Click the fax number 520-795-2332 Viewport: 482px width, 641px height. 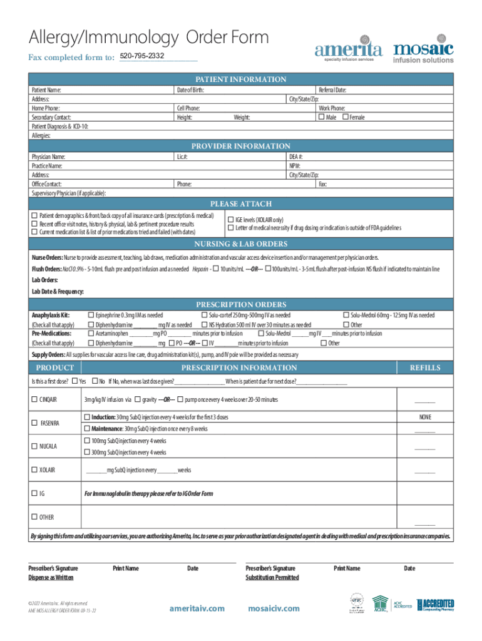[x=142, y=57]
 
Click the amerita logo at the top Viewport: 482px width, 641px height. [x=347, y=51]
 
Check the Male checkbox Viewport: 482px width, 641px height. [x=322, y=117]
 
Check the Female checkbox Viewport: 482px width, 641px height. [x=345, y=117]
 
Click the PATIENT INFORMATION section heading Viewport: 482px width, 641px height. [x=241, y=79]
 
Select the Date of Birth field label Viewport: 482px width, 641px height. [x=190, y=90]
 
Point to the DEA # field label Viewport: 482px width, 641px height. [x=296, y=156]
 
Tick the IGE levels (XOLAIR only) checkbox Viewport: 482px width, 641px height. [x=230, y=220]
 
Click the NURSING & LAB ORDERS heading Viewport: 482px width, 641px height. [x=241, y=244]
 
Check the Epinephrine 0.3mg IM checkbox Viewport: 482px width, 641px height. [x=91, y=315]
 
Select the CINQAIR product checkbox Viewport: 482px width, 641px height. [x=34, y=399]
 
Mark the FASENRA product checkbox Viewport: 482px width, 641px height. [x=34, y=423]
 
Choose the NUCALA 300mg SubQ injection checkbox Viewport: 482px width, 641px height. [x=86, y=452]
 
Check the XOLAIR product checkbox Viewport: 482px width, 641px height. [x=34, y=469]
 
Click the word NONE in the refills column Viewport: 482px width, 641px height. [x=424, y=417]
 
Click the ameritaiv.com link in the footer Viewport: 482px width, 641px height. [x=197, y=608]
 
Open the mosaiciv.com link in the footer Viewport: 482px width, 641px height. [x=274, y=608]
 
